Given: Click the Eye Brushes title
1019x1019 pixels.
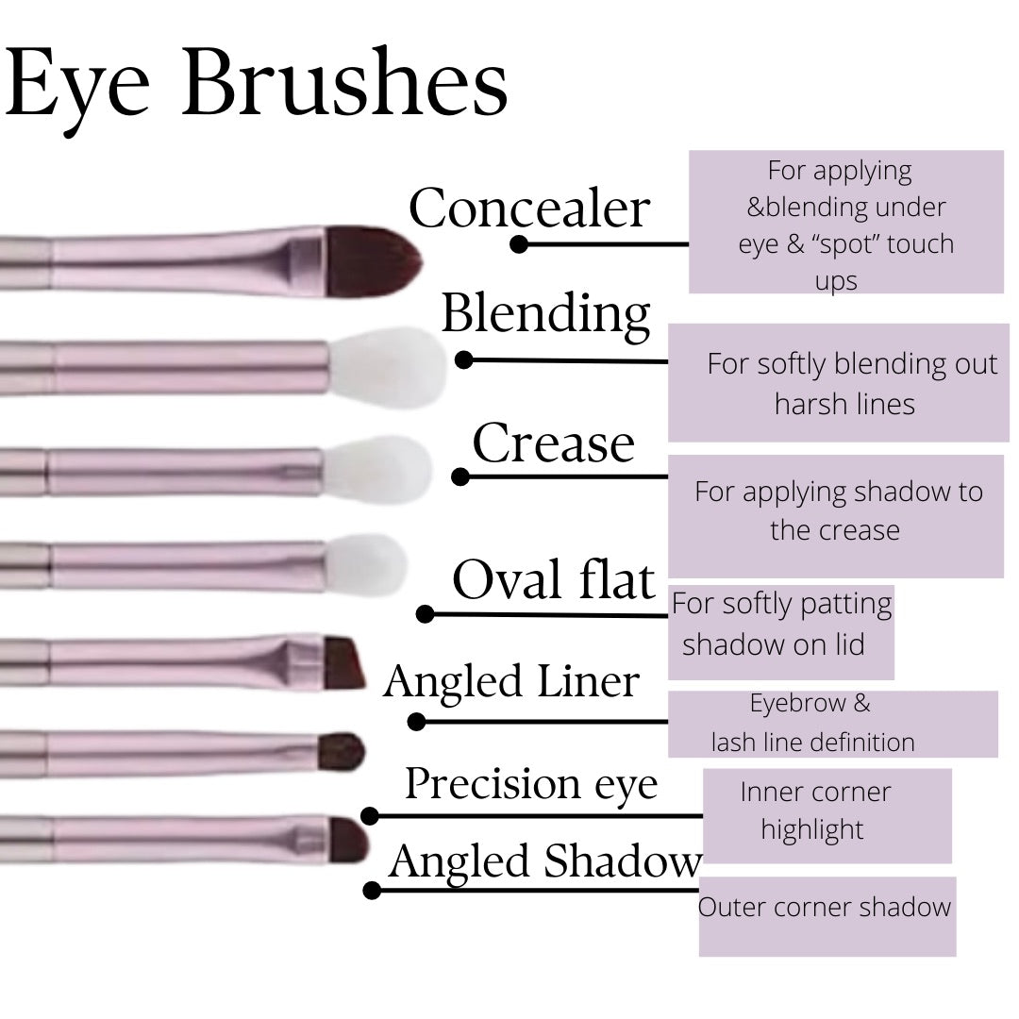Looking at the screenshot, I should (257, 87).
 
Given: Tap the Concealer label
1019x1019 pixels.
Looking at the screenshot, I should (529, 209).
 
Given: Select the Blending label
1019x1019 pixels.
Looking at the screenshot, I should (545, 314).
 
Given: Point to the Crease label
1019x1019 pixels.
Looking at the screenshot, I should (553, 443).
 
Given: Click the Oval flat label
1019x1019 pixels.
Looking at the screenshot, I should (553, 579).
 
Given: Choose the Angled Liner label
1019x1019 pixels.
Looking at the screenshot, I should (511, 681).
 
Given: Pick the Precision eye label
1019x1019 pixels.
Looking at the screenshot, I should (531, 784).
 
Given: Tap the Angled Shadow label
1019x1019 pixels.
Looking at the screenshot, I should (545, 861).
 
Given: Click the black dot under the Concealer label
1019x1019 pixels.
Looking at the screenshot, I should (518, 244).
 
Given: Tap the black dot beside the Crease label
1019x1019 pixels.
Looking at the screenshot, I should (460, 477).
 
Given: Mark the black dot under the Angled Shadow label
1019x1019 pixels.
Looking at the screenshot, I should (372, 890).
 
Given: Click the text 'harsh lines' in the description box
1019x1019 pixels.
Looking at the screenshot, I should (844, 404).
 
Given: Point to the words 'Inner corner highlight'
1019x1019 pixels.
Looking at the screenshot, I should (814, 810).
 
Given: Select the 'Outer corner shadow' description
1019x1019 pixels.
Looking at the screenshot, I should (825, 908).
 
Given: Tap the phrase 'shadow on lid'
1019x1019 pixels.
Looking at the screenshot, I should (773, 644).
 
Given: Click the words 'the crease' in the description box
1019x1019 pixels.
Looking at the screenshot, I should (834, 529).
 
